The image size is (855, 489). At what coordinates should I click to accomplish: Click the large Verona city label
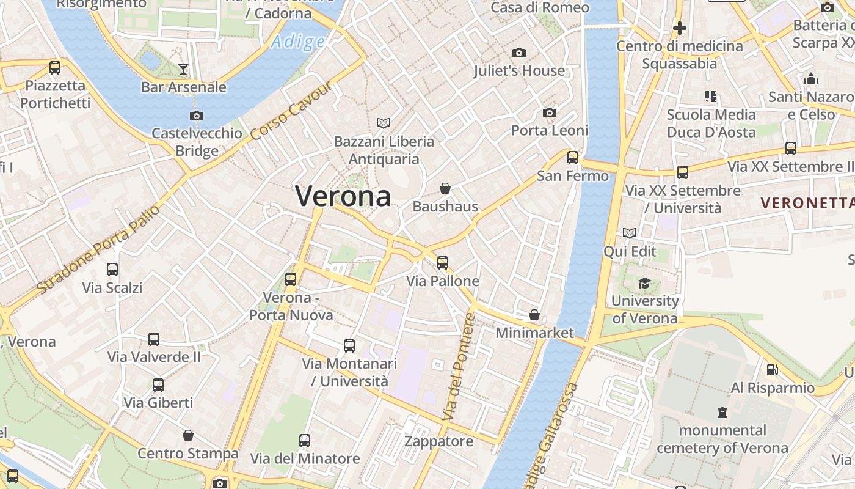coord(343,196)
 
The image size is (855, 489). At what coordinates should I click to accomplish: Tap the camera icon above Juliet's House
coord(519,53)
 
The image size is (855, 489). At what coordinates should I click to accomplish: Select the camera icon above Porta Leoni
coord(550,113)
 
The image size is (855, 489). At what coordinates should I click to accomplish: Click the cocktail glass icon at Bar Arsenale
coord(183,68)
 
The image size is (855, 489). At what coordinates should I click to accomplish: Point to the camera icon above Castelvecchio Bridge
coord(197,116)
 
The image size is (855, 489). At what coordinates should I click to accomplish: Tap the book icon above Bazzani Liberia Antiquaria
coord(384,123)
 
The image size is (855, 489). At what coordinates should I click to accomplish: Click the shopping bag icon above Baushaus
coord(445,188)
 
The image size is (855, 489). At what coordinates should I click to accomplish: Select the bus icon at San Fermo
coord(573,158)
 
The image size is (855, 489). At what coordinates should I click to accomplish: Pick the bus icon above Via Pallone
coord(443,263)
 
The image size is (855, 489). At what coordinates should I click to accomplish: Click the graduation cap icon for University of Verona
coord(644,283)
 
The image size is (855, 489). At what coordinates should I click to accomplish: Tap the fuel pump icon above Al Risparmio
coord(773,370)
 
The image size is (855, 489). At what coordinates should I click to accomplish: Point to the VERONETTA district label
coord(807,203)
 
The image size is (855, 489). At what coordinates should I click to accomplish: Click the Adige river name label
coord(298,42)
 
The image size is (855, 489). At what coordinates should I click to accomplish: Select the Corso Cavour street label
coord(292,109)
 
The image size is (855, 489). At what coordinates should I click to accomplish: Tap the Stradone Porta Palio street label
coord(98,248)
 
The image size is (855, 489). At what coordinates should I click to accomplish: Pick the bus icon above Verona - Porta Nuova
coord(291,279)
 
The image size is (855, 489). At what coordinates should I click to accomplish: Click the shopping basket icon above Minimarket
coord(534,315)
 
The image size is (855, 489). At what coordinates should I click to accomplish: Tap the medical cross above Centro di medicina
coord(679,28)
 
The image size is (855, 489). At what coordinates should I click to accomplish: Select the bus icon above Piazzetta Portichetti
coord(55,68)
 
